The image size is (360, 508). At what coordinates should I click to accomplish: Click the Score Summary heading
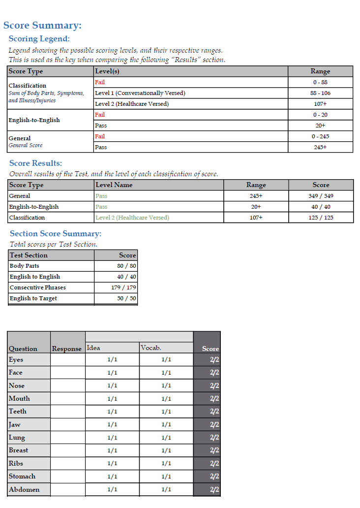point(42,26)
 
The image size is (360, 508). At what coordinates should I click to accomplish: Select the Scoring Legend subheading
point(39,39)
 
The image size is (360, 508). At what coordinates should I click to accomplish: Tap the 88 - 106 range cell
point(320,93)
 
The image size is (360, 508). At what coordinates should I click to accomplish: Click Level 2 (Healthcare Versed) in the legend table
point(132,104)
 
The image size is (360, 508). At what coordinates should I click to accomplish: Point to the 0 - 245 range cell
point(320,136)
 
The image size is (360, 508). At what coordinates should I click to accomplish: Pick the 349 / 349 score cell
point(321,196)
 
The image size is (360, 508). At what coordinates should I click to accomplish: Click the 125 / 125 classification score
point(321,218)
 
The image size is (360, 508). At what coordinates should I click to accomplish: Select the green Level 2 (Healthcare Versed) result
point(132,218)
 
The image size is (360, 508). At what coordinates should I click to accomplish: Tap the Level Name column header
point(114,185)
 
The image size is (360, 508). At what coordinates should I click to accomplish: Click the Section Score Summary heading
point(56,234)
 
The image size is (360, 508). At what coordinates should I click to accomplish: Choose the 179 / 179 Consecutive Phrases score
point(123,287)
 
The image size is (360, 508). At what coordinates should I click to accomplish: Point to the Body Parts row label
point(25,266)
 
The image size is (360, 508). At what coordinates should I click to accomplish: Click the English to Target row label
point(33,298)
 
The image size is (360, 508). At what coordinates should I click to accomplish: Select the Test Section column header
point(29,255)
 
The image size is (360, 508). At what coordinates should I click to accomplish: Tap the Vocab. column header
point(151,348)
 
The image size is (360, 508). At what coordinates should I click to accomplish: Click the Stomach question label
point(22,476)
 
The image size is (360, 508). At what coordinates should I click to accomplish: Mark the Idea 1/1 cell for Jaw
point(112,424)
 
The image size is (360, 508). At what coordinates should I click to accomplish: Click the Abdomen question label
point(24,489)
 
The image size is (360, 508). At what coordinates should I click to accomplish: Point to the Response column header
point(67,349)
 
